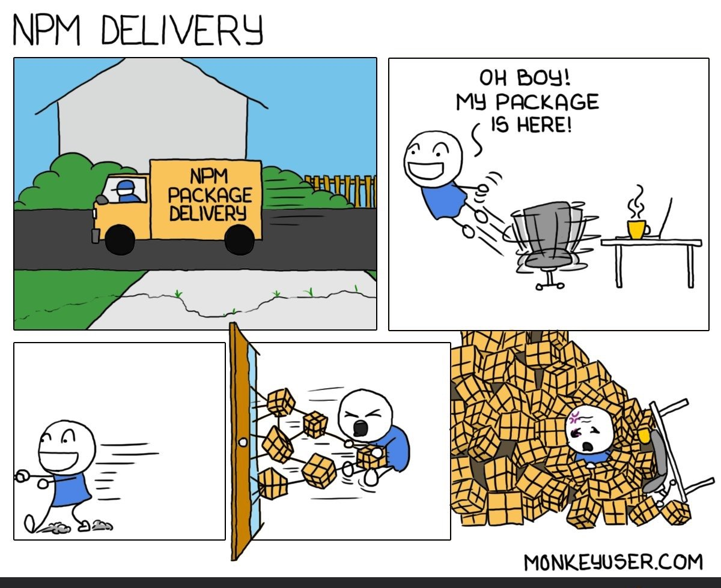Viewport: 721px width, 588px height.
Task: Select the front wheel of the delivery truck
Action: tap(120, 238)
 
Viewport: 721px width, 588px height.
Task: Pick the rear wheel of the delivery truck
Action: tap(239, 238)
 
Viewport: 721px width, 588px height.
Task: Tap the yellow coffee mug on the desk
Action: tap(636, 229)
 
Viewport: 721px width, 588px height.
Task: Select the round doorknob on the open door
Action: tap(243, 442)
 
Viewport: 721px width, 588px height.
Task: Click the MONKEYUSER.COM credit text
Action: tap(613, 562)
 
